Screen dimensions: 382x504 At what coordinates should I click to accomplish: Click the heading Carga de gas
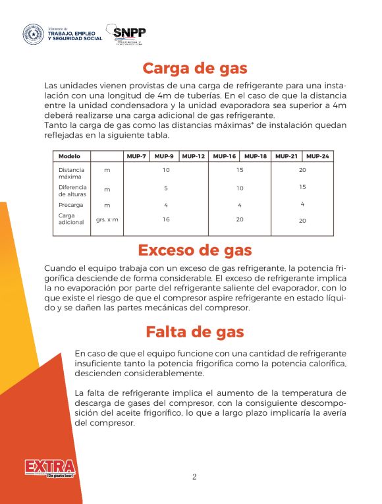(194, 69)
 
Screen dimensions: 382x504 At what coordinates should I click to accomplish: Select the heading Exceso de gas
(194, 250)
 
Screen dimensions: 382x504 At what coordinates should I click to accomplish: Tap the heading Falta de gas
(194, 332)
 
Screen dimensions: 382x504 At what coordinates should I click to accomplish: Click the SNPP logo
(129, 34)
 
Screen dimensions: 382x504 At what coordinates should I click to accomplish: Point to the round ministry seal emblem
(34, 35)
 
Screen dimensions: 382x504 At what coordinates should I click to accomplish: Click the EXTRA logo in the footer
(50, 468)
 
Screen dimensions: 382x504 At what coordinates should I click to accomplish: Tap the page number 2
(194, 477)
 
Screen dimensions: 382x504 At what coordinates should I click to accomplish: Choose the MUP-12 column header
(193, 156)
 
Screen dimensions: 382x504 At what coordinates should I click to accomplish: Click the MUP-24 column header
(317, 156)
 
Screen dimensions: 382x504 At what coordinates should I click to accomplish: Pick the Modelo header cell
(69, 156)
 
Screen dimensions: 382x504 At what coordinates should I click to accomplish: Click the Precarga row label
(70, 205)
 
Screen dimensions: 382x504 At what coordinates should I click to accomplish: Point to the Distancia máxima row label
(71, 173)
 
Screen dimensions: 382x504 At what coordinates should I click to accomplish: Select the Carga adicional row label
(71, 219)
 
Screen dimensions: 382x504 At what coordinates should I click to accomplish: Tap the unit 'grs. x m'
(107, 219)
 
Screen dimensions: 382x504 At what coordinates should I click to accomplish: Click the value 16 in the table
(166, 219)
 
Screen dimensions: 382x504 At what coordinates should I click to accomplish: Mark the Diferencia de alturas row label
(72, 190)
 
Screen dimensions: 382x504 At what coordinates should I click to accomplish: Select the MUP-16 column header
(225, 156)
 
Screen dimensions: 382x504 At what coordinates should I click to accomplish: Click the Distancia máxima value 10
(166, 170)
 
